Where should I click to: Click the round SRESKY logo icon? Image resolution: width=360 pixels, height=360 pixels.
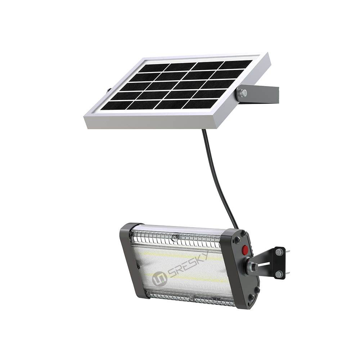click(x=160, y=279)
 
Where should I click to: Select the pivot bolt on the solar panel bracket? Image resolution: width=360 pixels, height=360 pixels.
click(x=243, y=93)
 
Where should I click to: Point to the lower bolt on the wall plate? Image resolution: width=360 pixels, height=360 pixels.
click(x=279, y=274)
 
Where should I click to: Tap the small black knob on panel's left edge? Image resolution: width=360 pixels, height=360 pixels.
click(x=108, y=90)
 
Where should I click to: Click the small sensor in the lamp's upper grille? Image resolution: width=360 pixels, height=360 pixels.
click(x=175, y=237)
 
